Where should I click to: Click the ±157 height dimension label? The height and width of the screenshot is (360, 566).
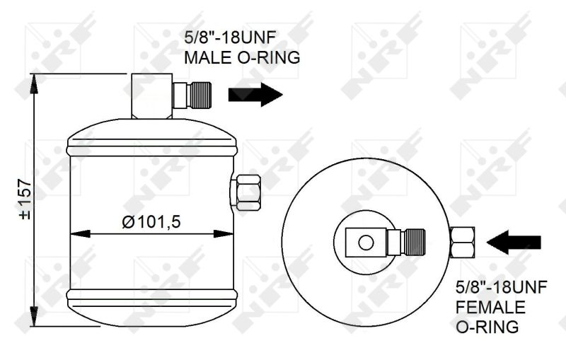[x=25, y=199]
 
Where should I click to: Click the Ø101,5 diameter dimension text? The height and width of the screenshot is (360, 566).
[x=151, y=222]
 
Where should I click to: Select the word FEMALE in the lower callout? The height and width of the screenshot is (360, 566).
[x=490, y=308]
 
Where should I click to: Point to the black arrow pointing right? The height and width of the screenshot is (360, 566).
[x=255, y=95]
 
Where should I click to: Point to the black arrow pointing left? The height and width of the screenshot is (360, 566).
[x=514, y=242]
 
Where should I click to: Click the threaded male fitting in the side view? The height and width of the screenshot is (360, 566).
[x=192, y=95]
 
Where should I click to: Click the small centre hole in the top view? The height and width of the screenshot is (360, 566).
[x=366, y=243]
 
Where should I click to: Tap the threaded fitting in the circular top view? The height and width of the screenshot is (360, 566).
[x=406, y=242]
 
